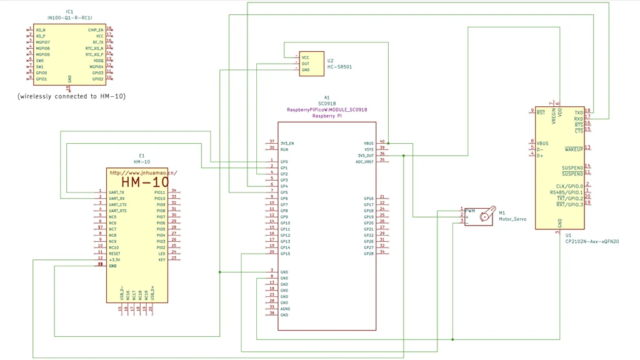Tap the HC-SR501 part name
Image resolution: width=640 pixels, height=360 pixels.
click(x=339, y=67)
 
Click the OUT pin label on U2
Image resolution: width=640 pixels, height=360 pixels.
click(x=306, y=64)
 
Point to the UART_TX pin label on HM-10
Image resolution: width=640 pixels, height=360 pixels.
click(x=116, y=192)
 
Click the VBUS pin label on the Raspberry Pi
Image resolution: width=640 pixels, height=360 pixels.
click(x=369, y=143)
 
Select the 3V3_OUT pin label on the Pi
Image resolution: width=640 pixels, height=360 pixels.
click(x=366, y=156)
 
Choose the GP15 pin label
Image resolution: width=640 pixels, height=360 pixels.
click(x=285, y=253)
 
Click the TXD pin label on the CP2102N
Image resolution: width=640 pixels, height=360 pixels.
click(x=579, y=112)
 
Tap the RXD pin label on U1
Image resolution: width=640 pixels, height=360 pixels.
click(x=579, y=119)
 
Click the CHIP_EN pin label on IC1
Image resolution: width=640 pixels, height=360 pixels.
click(x=96, y=29)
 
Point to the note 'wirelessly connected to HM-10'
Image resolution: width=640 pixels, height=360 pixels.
click(x=71, y=96)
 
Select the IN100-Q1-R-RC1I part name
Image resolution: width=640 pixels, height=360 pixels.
click(x=69, y=18)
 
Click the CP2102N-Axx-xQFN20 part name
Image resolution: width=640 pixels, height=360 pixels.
click(x=592, y=241)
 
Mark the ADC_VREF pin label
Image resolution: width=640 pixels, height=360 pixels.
click(x=365, y=162)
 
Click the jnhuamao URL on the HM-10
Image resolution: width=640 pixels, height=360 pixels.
click(x=143, y=172)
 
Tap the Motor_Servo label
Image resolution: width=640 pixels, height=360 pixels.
click(x=512, y=219)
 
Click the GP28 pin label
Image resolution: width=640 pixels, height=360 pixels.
click(x=369, y=253)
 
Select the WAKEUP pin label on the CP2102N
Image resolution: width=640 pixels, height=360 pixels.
click(x=574, y=149)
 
